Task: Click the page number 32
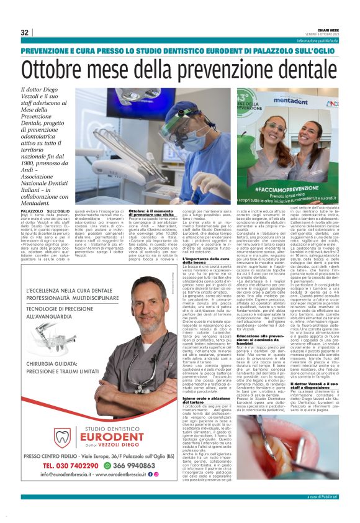click(24, 32)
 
